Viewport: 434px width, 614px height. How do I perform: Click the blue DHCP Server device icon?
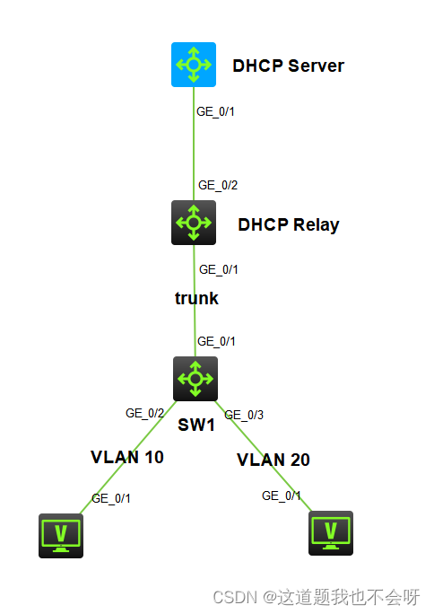[x=194, y=65]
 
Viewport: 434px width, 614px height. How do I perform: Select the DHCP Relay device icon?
[x=194, y=222]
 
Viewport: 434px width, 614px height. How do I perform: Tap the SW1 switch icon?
[x=195, y=378]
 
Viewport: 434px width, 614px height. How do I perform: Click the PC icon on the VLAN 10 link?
[x=61, y=535]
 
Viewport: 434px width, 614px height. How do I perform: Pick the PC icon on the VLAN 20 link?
[x=330, y=533]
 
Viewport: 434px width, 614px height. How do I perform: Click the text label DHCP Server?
[x=288, y=66]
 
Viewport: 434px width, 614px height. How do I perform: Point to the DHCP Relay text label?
[x=288, y=224]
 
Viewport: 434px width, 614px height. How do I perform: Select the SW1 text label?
[x=195, y=425]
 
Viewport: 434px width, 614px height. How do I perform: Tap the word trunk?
[x=196, y=298]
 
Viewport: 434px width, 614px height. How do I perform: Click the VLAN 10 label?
[x=127, y=456]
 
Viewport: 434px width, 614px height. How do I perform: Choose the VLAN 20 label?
[x=273, y=460]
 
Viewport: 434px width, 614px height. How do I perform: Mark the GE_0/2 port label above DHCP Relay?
[x=218, y=186]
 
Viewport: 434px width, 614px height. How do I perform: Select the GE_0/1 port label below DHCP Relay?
[x=219, y=268]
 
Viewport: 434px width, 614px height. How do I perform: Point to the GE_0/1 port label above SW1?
[x=217, y=341]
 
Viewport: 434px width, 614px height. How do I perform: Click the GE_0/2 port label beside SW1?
[x=144, y=413]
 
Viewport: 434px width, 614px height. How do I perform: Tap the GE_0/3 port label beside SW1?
[x=243, y=415]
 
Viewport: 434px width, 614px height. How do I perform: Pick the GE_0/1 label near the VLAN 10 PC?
[x=112, y=498]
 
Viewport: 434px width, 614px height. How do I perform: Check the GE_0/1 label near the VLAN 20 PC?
[x=282, y=496]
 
